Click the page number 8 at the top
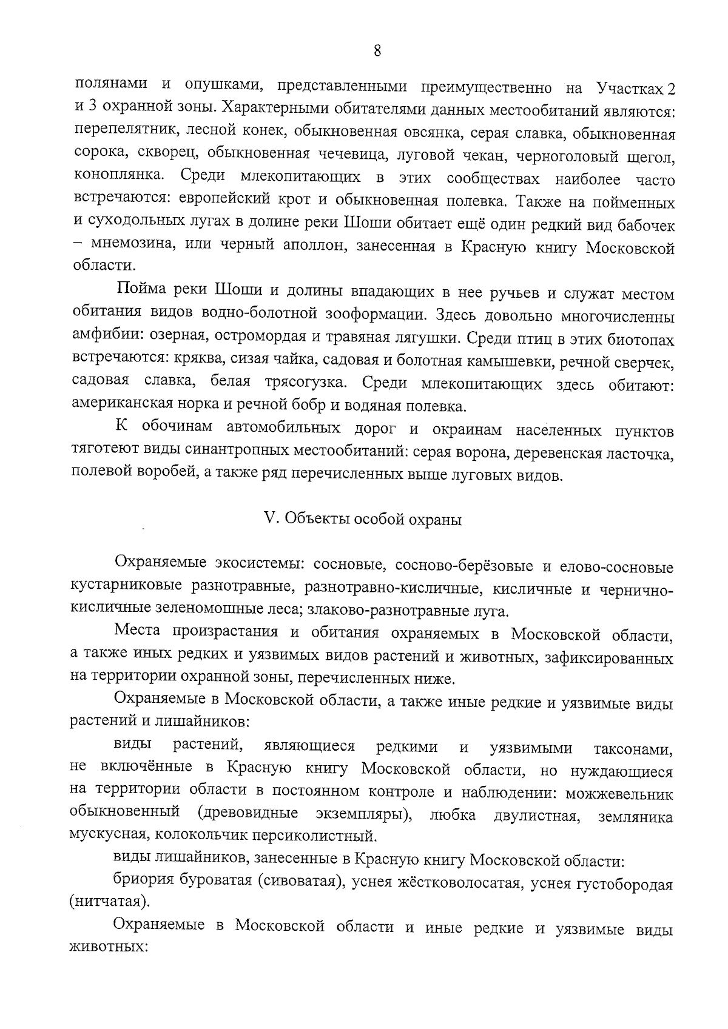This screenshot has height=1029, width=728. tap(377, 50)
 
